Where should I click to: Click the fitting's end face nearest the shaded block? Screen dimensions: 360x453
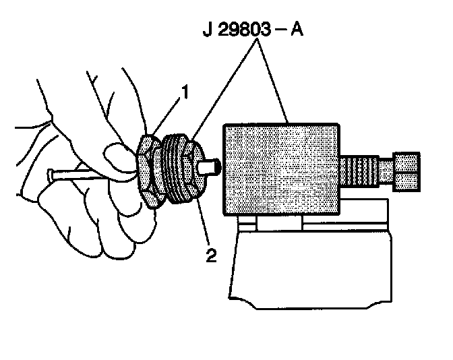196,164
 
